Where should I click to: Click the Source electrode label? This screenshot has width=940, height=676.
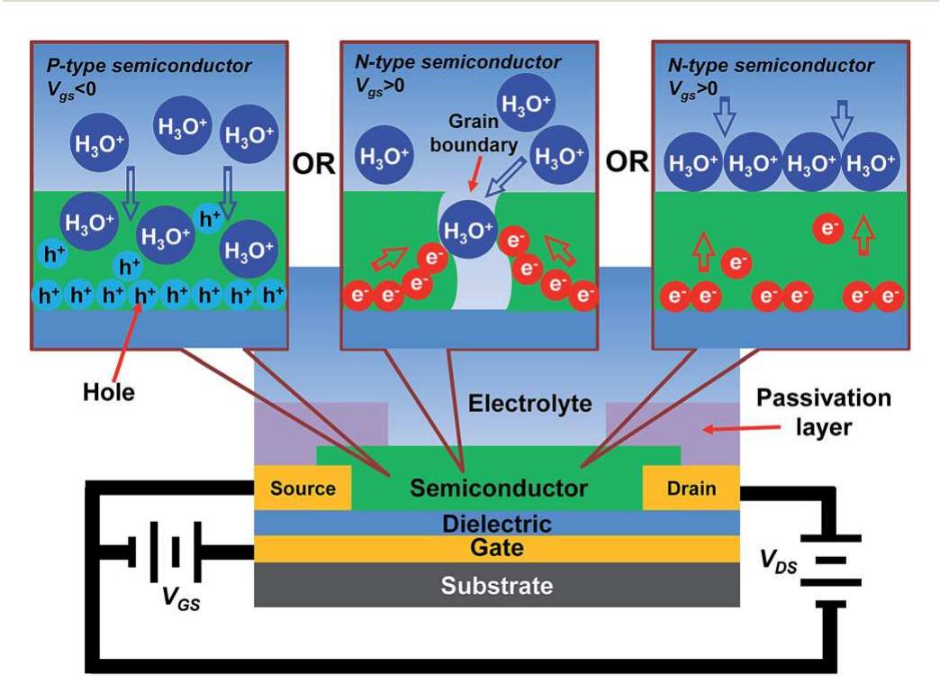point(303,489)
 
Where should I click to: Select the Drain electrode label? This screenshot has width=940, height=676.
point(691,489)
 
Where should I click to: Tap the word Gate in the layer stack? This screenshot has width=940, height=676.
point(497,547)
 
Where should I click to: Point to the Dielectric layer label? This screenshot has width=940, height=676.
point(498,523)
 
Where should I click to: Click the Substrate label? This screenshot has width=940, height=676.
point(496,586)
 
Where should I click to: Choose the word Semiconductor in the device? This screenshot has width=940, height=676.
point(498,489)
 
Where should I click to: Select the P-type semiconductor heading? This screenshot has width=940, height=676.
point(149,66)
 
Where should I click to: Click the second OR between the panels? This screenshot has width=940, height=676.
point(628,163)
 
